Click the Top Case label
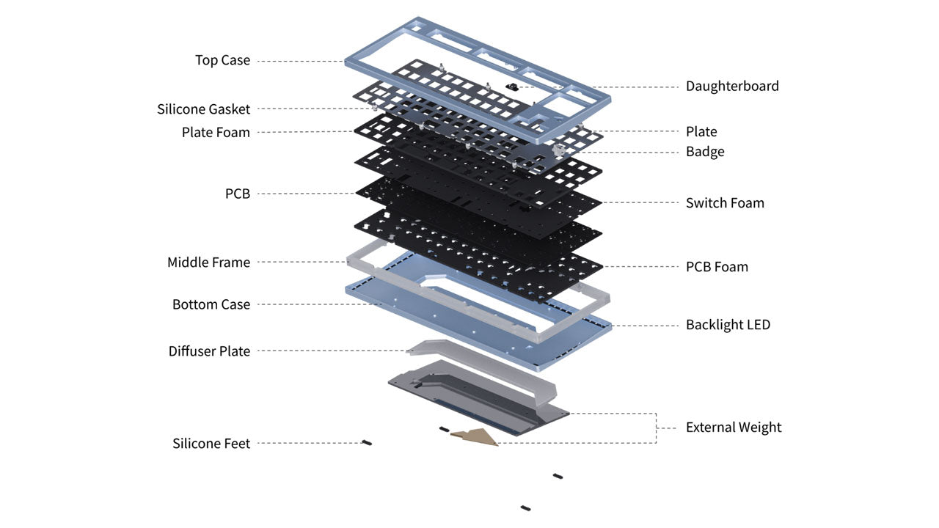click(x=222, y=60)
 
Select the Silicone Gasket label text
click(x=203, y=109)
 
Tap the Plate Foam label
click(x=216, y=132)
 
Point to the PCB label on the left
click(x=237, y=194)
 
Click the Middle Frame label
click(x=208, y=262)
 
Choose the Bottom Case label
click(x=211, y=304)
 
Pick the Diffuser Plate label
click(x=209, y=351)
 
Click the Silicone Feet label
click(x=211, y=444)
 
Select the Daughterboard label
click(x=732, y=86)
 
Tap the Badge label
click(x=705, y=152)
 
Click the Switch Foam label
click(x=725, y=203)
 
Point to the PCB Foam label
click(x=717, y=267)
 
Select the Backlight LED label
click(x=728, y=324)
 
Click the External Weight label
click(x=734, y=428)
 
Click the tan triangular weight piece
click(x=478, y=436)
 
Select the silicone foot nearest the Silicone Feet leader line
click(x=364, y=442)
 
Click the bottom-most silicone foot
click(x=525, y=507)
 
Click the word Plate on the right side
click(x=701, y=132)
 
